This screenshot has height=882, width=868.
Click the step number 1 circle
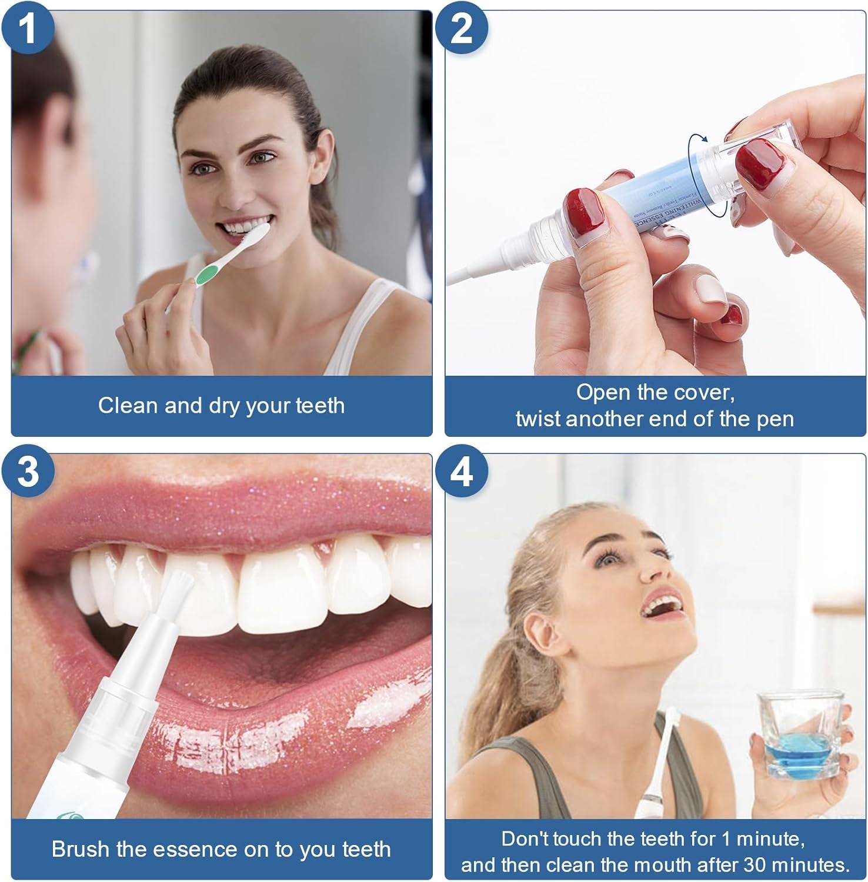[x=27, y=28]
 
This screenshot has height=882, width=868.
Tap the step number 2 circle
[x=462, y=28]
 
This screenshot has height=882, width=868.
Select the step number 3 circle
[x=27, y=472]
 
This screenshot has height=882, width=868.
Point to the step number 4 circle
[x=462, y=472]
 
